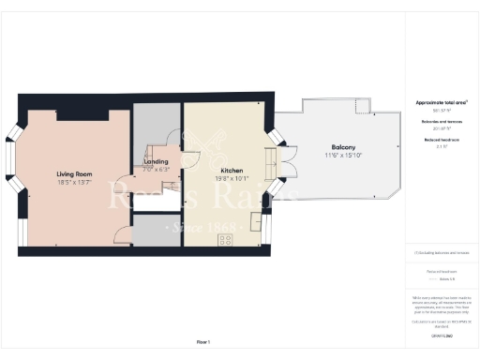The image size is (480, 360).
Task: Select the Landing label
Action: click(x=156, y=161)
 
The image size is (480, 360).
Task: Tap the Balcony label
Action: click(x=342, y=147)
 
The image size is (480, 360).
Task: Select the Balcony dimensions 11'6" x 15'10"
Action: click(x=342, y=156)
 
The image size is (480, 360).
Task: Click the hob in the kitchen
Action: click(x=226, y=239)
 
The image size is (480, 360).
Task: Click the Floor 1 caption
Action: click(x=203, y=341)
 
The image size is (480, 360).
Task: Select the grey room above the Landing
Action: click(x=156, y=124)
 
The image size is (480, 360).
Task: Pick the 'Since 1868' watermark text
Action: click(x=193, y=228)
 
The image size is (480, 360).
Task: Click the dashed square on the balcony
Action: click(x=360, y=105)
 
